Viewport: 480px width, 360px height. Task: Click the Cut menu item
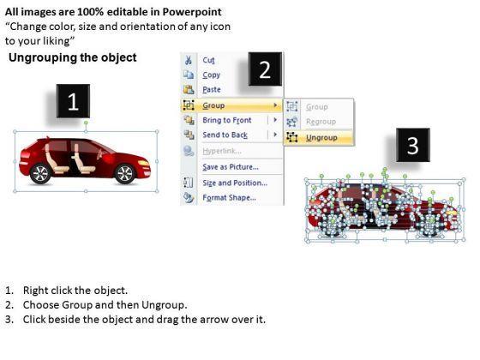coord(208,60)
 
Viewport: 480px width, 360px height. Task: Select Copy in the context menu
coord(211,75)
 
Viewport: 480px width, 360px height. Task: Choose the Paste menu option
coord(212,89)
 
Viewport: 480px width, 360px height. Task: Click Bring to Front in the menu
coord(227,120)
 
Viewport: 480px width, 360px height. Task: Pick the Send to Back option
coord(225,135)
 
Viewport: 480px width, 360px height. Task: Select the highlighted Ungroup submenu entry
coord(321,138)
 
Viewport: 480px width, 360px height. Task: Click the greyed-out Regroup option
coord(321,122)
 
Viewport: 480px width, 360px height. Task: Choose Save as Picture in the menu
coord(231,167)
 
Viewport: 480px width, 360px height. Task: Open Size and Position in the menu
coord(235,183)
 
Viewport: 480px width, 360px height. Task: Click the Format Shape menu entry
coord(230,197)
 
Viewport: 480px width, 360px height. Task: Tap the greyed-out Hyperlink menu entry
coord(222,151)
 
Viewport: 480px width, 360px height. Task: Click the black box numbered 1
coord(73,101)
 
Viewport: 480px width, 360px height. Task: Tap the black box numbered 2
coord(265,69)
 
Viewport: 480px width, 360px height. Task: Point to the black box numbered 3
coord(413,145)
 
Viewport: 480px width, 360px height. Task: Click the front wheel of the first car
coord(125,173)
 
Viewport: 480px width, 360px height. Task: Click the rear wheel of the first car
coord(40,173)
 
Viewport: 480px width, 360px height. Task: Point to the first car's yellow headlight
coord(143,163)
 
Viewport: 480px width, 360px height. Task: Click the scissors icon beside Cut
coord(189,60)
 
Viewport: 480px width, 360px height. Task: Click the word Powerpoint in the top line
coord(192,12)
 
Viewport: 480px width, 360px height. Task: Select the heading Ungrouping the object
coord(73,57)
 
